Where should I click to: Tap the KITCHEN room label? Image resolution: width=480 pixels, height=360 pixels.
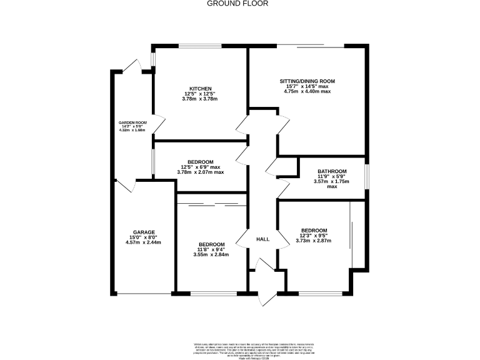coord(201,88)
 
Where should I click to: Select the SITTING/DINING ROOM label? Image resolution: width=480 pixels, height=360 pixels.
coord(307,81)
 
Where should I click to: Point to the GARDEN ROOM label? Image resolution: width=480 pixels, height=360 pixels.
coord(132,122)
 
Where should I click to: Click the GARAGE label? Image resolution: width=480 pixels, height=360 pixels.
coord(144,232)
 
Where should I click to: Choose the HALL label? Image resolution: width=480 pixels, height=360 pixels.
coord(263,239)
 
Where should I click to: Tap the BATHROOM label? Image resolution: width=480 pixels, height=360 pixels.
coord(332,171)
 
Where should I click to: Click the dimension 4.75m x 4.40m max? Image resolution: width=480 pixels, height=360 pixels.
coord(307,91)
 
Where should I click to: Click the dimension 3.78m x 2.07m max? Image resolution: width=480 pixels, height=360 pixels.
coord(201,172)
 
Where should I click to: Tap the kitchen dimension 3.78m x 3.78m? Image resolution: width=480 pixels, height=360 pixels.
coord(201,98)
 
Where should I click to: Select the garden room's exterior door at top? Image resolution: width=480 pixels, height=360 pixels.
coord(133,67)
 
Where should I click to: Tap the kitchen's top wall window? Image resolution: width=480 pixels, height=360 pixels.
coord(199,46)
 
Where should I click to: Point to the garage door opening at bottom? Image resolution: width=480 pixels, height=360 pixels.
coord(144,294)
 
